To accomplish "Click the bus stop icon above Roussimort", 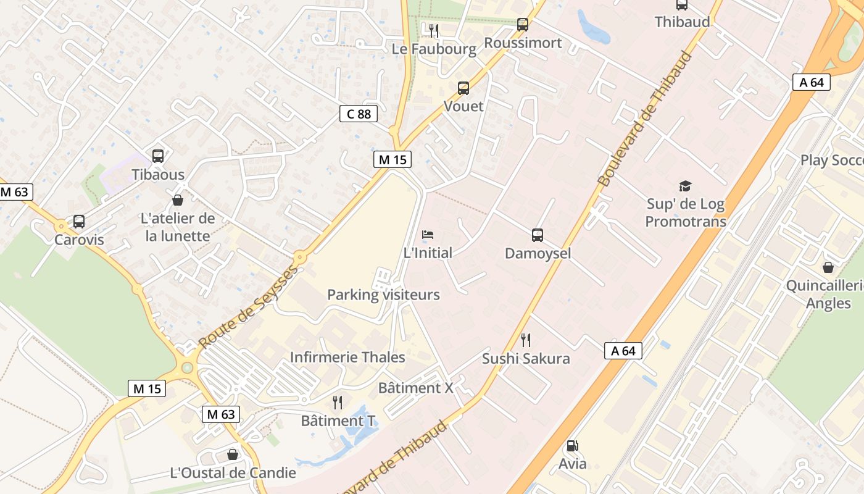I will (x=523, y=25).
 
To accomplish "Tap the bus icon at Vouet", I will (x=463, y=88).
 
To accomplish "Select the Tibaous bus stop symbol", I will (x=158, y=156).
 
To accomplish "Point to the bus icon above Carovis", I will (x=79, y=222).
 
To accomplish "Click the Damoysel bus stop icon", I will (x=538, y=235).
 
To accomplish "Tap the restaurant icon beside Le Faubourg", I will (x=434, y=30).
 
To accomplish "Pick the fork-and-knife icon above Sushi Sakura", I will (x=526, y=340).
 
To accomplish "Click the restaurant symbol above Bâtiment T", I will (x=338, y=403).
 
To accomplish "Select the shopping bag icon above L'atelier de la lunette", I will (x=178, y=200).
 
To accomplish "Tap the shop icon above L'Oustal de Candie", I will (x=233, y=454).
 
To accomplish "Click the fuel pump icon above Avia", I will (x=572, y=446).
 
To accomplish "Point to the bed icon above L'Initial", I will (x=428, y=235).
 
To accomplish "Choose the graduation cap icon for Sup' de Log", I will (x=685, y=186).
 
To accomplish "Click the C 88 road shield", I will (x=358, y=114).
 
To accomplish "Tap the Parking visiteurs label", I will (x=383, y=295).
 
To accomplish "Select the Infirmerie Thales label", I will (x=347, y=357).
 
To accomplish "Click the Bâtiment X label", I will (x=415, y=388).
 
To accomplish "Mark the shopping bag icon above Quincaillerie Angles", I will (x=828, y=267).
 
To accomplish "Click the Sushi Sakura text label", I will (x=526, y=359).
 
